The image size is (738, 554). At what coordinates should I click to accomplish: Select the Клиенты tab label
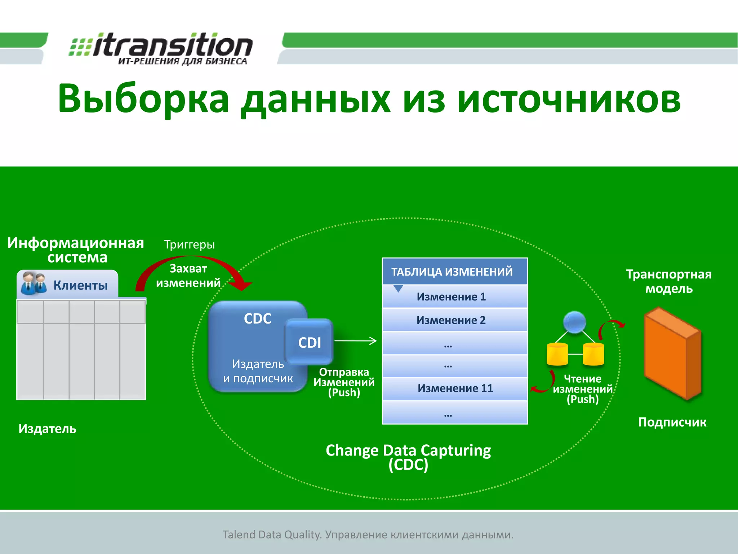pos(80,285)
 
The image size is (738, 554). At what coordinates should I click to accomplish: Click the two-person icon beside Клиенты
pos(34,283)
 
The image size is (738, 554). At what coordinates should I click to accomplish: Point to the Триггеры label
pos(190,245)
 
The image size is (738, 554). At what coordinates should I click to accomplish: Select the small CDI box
pos(309,342)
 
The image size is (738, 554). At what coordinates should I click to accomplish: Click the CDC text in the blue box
pos(257,318)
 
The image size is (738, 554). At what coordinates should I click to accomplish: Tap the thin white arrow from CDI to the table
pos(355,340)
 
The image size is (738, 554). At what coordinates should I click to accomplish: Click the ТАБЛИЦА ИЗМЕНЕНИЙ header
pos(452,272)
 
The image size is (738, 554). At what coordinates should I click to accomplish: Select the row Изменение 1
pos(451,297)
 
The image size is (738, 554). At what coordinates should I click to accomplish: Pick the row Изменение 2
pos(451,320)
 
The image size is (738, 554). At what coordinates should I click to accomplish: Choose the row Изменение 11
pos(455,388)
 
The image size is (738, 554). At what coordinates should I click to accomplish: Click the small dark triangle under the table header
pos(398,289)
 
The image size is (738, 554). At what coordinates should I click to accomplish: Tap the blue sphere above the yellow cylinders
pos(574,322)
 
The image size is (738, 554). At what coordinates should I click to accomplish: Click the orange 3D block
pos(672,353)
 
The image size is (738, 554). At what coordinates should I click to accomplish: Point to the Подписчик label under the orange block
pos(672,422)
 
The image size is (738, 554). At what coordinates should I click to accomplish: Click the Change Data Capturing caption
pos(408,451)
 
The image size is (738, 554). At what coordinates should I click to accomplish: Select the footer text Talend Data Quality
pos(272,535)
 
